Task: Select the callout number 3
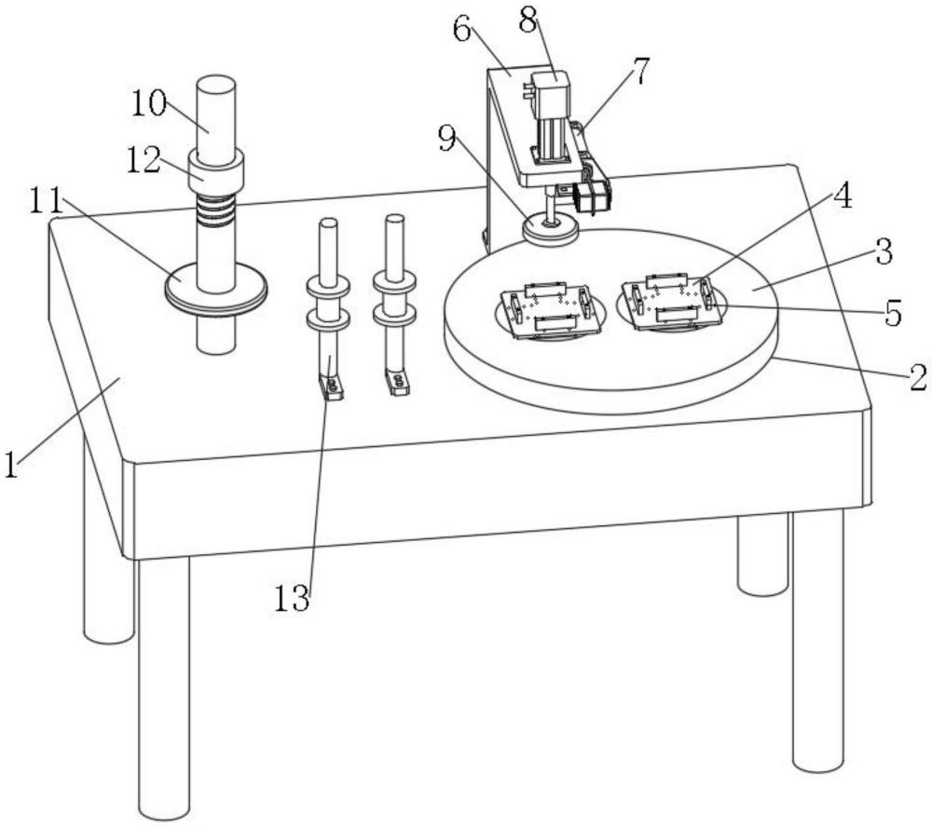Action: [884, 251]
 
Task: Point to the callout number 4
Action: [842, 196]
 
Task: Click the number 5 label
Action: [893, 313]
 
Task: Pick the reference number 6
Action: [463, 28]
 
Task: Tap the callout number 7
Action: [639, 72]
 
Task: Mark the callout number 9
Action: [447, 140]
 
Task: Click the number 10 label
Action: [148, 104]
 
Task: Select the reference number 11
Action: [47, 202]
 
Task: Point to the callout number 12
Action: [144, 159]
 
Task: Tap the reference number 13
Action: [292, 598]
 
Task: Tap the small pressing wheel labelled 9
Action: [551, 229]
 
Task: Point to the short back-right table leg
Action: [763, 554]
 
